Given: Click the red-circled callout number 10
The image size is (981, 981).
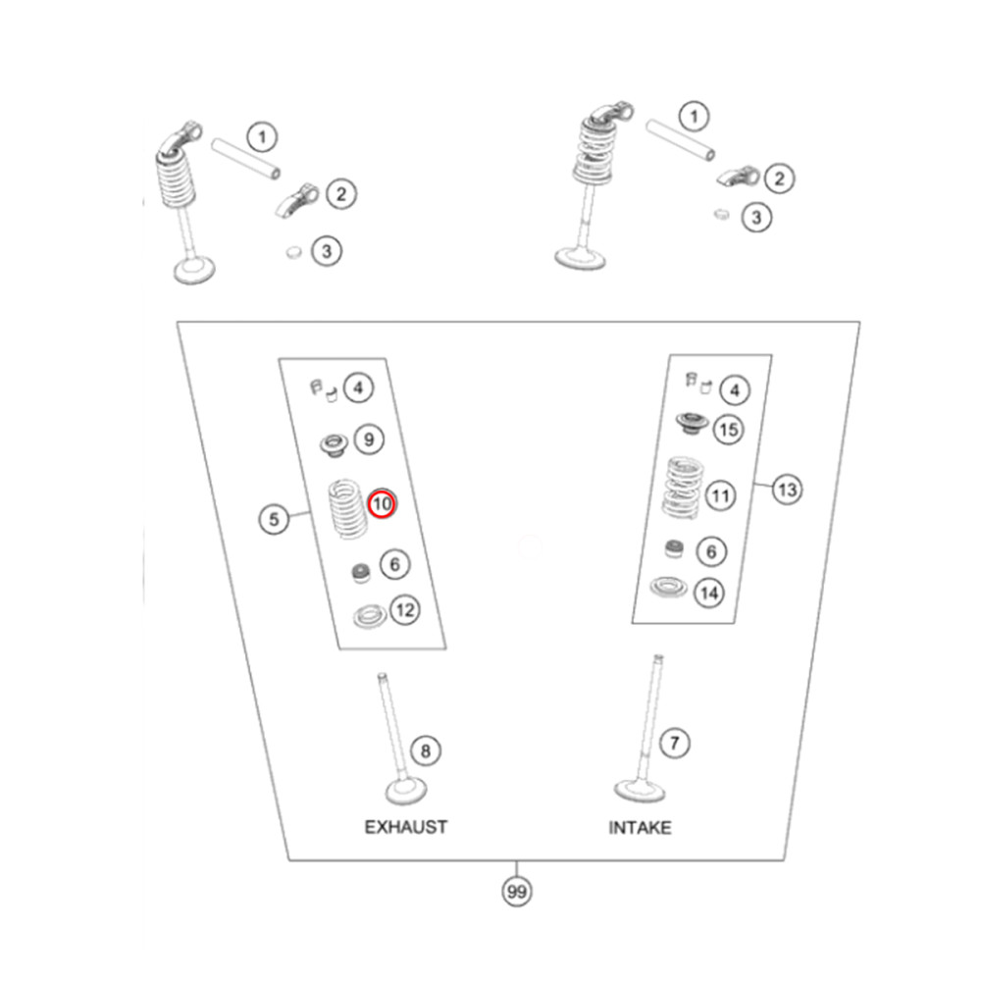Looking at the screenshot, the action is [x=382, y=503].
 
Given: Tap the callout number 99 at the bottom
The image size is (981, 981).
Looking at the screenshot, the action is [x=517, y=891].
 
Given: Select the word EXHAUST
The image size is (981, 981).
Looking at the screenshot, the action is [x=406, y=827].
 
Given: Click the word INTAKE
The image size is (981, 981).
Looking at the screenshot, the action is [x=640, y=828].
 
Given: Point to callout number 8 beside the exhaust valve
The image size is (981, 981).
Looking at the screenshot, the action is [x=426, y=750].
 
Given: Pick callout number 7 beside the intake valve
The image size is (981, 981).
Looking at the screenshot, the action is [x=675, y=744].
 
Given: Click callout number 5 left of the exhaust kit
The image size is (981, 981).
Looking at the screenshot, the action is [x=274, y=519].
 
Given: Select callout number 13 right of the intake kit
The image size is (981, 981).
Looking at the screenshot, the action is [x=787, y=489].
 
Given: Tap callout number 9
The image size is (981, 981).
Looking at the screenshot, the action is [x=369, y=439].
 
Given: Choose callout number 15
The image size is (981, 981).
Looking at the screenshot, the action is [x=728, y=430].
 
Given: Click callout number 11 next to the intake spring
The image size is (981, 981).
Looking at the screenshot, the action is [x=720, y=496].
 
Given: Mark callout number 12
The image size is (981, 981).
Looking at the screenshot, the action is [x=405, y=610].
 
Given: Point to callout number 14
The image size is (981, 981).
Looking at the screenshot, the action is [x=709, y=593].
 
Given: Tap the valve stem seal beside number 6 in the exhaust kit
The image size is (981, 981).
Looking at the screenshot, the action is [x=361, y=573].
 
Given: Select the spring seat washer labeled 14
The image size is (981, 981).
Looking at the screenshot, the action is [x=668, y=587].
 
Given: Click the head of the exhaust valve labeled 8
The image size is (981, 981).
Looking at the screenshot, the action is [x=406, y=792].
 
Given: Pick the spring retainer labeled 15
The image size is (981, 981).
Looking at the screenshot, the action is [x=692, y=424].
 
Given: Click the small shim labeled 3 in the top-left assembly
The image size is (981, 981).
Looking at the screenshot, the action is [x=293, y=252].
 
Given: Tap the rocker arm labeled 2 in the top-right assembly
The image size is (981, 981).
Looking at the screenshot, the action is [x=739, y=177].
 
